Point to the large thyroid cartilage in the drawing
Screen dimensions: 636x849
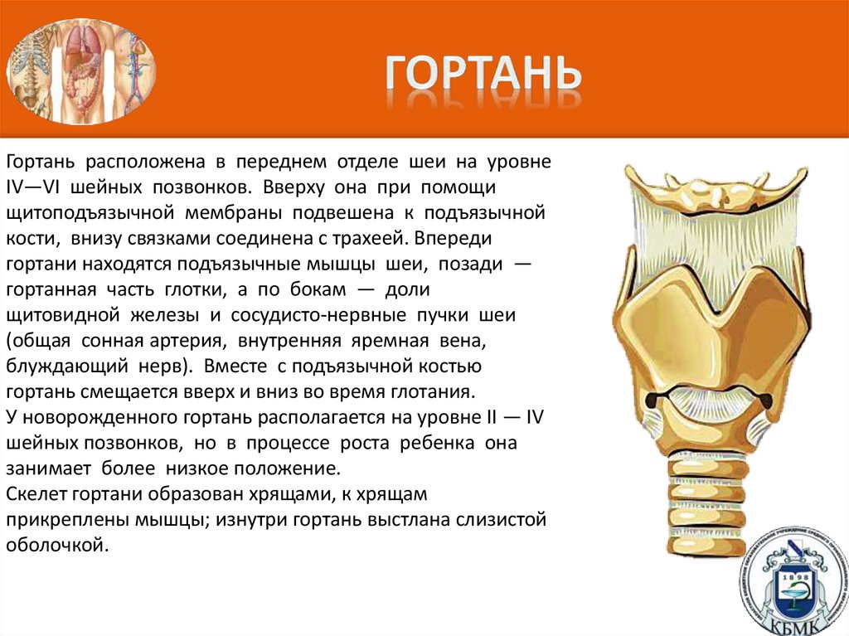(x=709, y=323)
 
